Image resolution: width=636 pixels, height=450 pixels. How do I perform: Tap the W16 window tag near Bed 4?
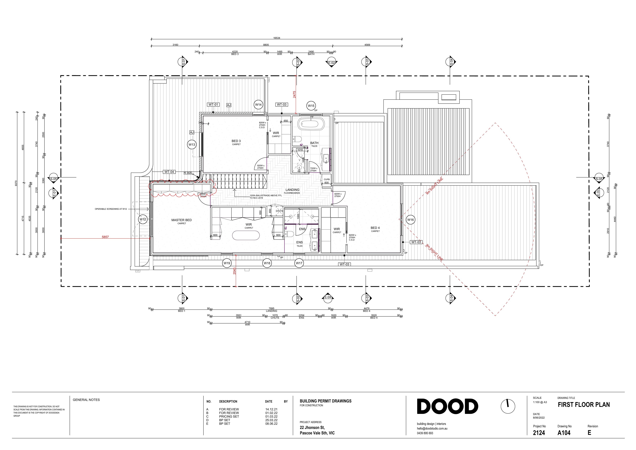(x=410, y=220)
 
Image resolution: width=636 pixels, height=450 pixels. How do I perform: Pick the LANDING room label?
(x=292, y=190)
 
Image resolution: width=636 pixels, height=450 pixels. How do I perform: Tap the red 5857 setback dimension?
(x=105, y=237)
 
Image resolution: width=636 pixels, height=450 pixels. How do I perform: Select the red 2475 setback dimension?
(x=294, y=94)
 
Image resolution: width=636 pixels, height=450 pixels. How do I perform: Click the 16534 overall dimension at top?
(x=276, y=38)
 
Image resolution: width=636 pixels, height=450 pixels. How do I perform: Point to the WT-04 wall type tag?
(x=169, y=172)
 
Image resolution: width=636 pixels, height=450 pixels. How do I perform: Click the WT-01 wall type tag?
(x=213, y=104)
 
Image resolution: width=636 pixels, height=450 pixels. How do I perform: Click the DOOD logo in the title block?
(x=447, y=407)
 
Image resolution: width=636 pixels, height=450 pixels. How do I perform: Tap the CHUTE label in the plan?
(x=279, y=211)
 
